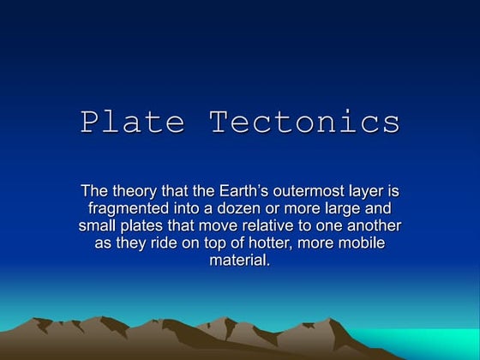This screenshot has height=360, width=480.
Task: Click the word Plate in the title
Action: (x=133, y=122)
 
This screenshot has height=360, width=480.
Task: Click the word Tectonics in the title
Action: (x=305, y=122)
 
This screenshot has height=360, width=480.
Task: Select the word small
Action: (x=97, y=226)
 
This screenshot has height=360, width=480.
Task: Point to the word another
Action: (x=370, y=226)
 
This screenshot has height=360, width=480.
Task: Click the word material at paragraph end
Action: (x=239, y=261)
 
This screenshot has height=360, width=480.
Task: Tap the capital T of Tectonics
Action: (x=219, y=122)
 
